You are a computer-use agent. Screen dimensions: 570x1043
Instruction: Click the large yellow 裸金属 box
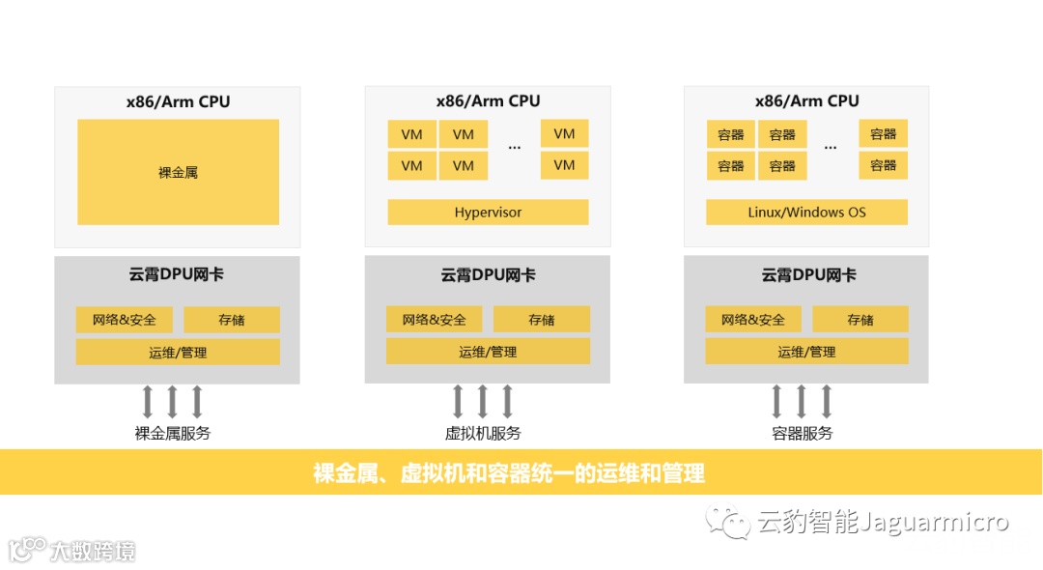point(178,172)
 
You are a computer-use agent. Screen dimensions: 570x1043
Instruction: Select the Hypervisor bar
point(488,213)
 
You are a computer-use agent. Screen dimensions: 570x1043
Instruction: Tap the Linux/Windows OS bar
point(806,213)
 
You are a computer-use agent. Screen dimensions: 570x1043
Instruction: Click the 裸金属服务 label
point(172,434)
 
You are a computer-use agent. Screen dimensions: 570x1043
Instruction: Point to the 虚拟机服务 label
point(483,434)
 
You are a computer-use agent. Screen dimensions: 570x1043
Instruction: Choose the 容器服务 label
point(803,434)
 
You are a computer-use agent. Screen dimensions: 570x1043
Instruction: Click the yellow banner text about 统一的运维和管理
point(509,473)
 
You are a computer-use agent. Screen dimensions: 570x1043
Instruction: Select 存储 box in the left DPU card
point(232,320)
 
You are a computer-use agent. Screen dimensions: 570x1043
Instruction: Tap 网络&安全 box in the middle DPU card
point(434,320)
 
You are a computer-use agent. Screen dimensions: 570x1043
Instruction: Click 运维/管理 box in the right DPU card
point(806,352)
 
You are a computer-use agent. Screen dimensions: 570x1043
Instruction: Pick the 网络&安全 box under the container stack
point(752,320)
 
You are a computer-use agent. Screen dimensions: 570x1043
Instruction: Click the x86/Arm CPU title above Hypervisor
point(488,101)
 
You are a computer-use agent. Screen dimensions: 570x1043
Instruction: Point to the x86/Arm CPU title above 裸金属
point(178,101)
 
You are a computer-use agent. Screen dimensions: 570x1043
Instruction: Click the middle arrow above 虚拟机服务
point(483,400)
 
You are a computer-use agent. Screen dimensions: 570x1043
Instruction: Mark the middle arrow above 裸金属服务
point(172,400)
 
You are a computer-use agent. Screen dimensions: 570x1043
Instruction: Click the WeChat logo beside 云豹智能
point(727,523)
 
